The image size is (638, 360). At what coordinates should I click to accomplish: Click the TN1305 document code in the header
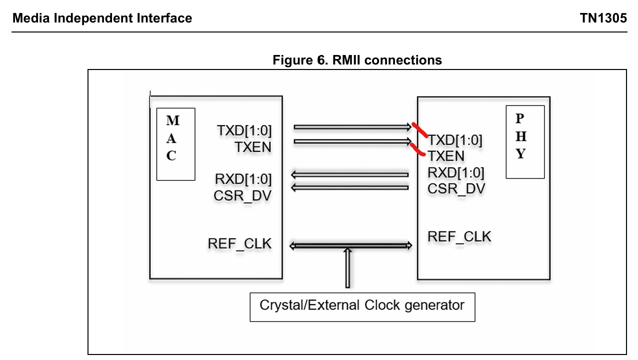[x=603, y=18]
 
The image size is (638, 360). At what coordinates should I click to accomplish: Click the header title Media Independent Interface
[x=102, y=18]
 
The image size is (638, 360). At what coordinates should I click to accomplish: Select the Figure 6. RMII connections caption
[x=357, y=60]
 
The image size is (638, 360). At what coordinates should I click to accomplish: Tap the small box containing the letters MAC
[x=175, y=144]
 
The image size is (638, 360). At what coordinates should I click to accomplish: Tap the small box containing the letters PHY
[x=524, y=141]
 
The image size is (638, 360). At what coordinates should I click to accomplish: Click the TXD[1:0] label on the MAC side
[x=244, y=130]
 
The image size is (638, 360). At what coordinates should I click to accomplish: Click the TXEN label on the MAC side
[x=253, y=147]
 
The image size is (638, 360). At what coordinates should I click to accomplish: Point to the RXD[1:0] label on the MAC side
[x=243, y=178]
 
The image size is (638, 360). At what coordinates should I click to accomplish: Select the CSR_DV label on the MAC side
[x=242, y=195]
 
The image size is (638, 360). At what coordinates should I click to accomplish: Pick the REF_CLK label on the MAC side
[x=239, y=243]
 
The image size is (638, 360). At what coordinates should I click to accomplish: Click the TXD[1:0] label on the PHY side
[x=455, y=140]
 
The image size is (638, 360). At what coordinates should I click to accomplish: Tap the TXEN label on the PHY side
[x=446, y=156]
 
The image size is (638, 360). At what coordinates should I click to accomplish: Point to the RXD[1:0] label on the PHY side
[x=455, y=172]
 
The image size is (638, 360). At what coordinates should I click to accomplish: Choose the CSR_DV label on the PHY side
[x=456, y=188]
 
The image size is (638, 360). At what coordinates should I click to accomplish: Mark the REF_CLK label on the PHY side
[x=459, y=236]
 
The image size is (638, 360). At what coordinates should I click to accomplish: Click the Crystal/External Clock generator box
[x=362, y=306]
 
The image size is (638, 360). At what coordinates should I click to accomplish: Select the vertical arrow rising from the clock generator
[x=347, y=268]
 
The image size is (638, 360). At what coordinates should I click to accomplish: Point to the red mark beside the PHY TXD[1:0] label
[x=419, y=129]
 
